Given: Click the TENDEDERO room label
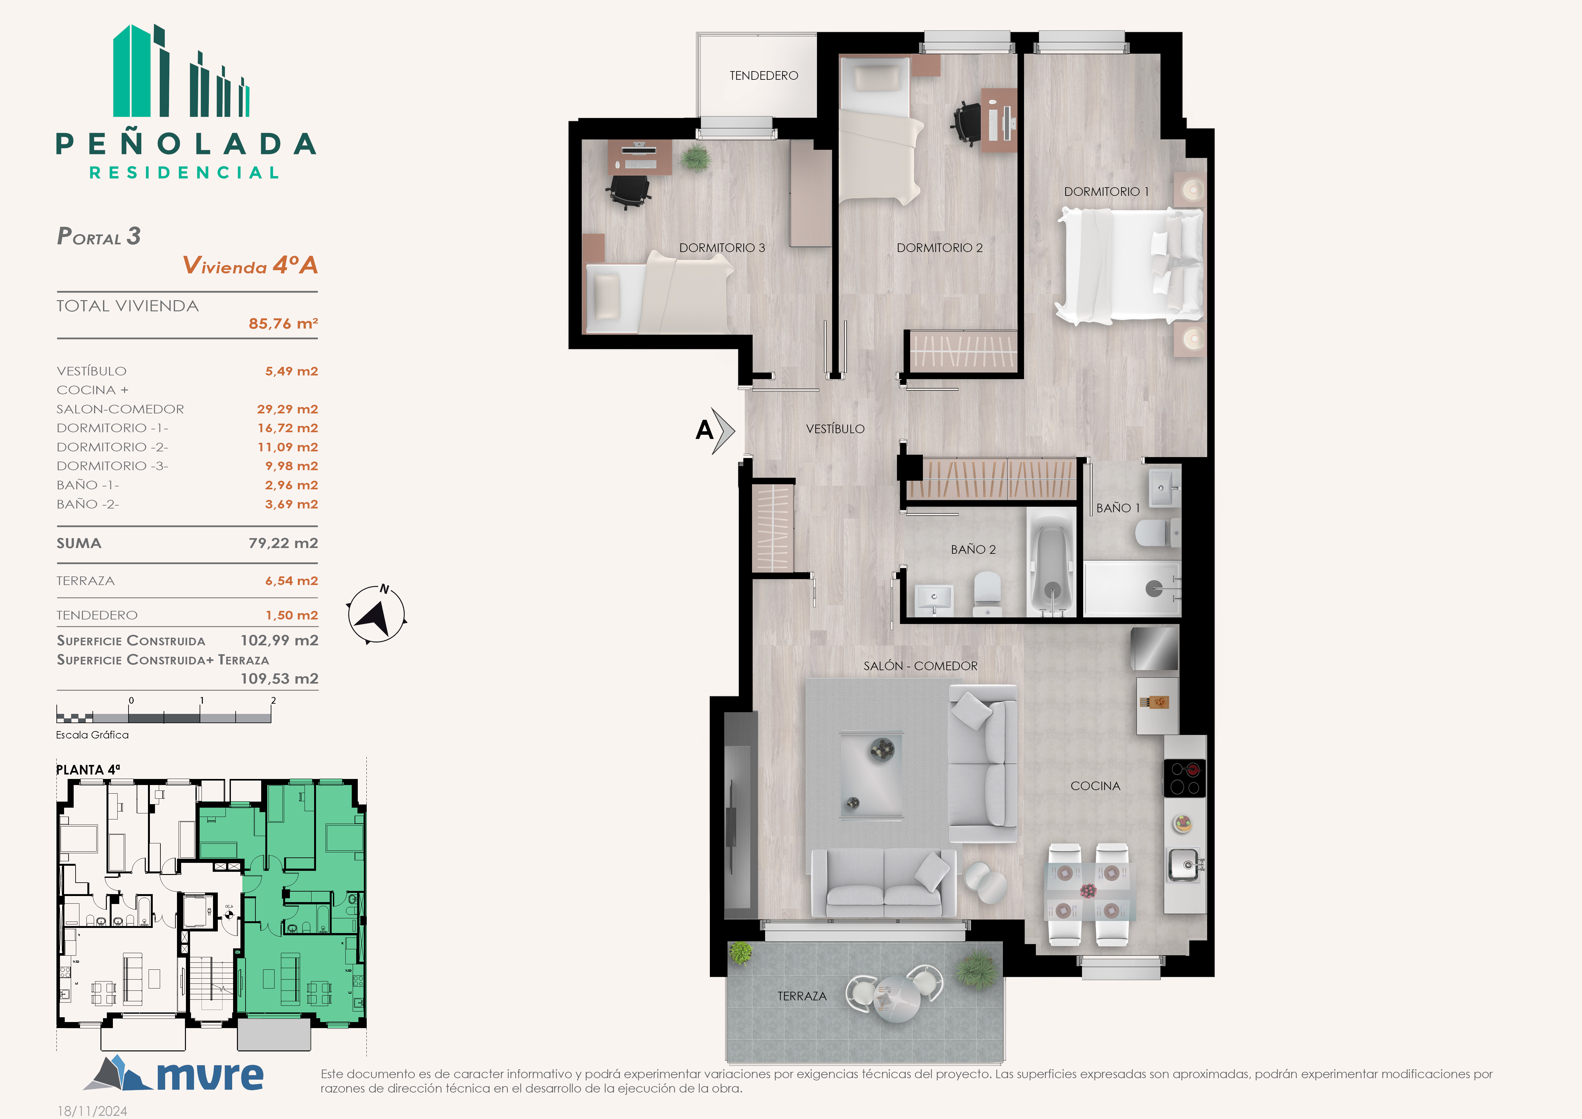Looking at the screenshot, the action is [763, 76].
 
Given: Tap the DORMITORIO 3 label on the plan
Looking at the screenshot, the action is [722, 248].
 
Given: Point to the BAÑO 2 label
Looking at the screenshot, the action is [973, 550].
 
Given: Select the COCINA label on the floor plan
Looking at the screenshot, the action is [1096, 786].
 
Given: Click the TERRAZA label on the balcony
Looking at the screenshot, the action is [802, 997].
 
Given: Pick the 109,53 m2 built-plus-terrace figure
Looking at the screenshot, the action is [279, 679].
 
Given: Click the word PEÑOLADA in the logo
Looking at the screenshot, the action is [186, 144].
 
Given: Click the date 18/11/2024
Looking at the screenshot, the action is [92, 1111].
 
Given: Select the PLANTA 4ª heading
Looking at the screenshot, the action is [88, 770].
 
